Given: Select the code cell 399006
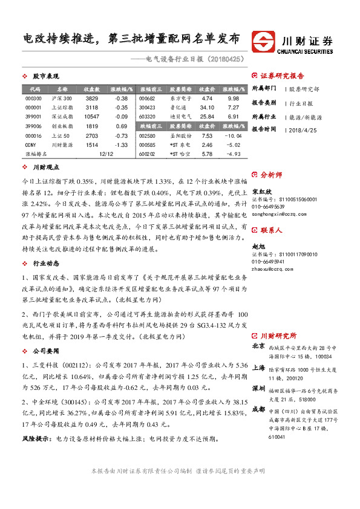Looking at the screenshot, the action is coord(34,126).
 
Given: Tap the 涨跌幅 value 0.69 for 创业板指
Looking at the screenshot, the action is coord(122,126).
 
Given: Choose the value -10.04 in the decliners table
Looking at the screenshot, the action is coord(234,137).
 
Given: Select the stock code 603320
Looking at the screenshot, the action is coord(148,116).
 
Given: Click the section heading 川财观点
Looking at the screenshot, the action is coord(45,167).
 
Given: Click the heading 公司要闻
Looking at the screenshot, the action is coord(45,350).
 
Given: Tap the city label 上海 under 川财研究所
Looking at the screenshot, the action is coord(258,367).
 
